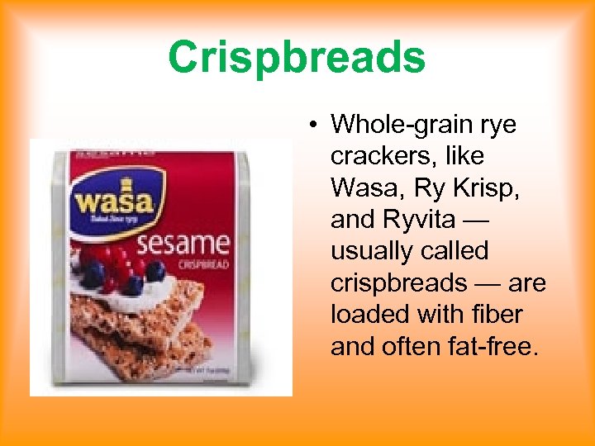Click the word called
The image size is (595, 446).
pos(458,250)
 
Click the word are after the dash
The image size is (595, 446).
pos(526,282)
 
